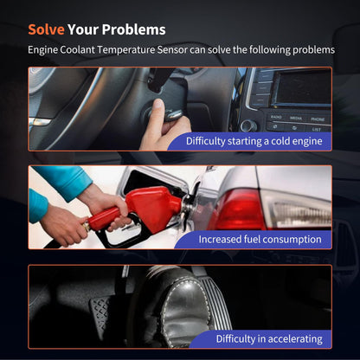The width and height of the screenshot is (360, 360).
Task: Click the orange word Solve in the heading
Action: coord(46,29)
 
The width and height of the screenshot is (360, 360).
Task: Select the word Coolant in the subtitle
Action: coord(77,50)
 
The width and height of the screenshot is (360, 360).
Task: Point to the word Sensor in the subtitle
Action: coord(172,50)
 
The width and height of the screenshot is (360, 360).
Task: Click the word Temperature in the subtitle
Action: coord(125,50)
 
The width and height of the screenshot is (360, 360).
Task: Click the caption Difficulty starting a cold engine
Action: coord(254,141)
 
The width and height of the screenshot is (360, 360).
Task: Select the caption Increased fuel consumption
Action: coord(260,240)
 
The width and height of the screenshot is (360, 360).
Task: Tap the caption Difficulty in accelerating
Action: coord(269,339)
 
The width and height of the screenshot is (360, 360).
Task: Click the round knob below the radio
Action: coord(248,125)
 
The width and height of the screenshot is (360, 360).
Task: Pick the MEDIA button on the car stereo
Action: coord(296,118)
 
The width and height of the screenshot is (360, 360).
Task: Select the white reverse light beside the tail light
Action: coord(297,210)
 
